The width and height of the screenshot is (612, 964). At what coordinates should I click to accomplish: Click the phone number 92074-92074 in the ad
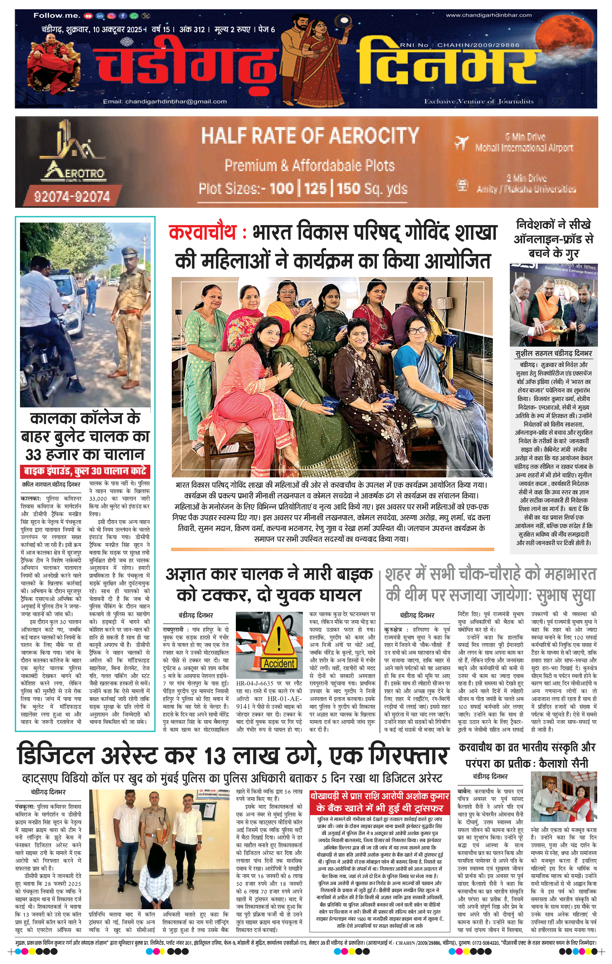click(x=72, y=196)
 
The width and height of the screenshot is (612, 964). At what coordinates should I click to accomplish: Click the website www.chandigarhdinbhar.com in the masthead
click(x=488, y=15)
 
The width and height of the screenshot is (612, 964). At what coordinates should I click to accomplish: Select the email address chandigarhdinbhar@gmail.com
click(x=164, y=101)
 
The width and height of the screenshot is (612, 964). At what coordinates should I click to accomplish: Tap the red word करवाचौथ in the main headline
click(x=203, y=233)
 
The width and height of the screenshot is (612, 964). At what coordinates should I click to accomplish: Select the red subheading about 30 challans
click(x=85, y=471)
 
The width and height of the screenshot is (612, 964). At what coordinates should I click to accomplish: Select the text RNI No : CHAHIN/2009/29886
click(x=459, y=45)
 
